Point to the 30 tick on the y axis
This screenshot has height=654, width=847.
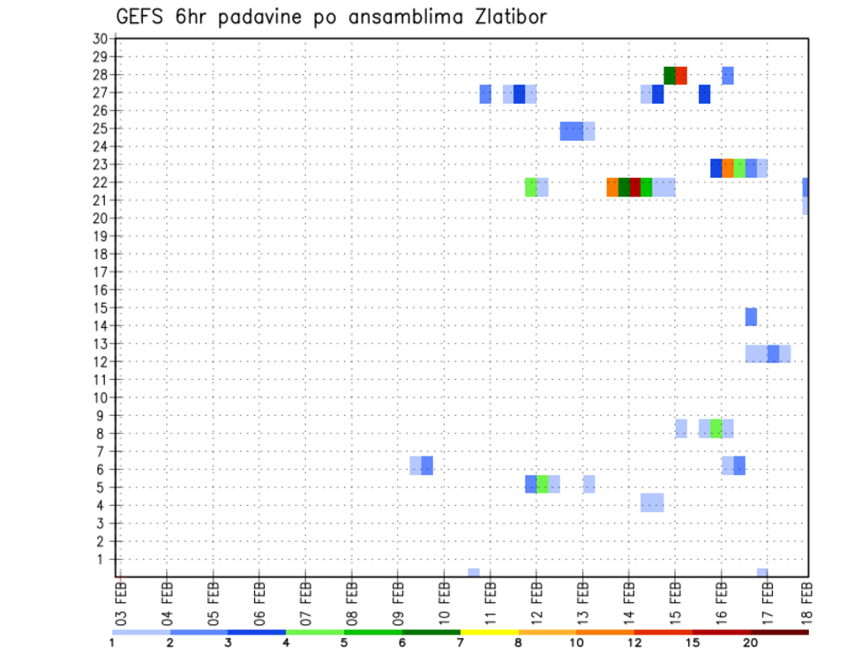tap(100, 39)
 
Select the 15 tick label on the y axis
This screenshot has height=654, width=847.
tap(100, 308)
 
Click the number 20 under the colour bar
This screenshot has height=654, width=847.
tap(751, 643)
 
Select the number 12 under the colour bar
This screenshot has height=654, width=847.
tap(633, 643)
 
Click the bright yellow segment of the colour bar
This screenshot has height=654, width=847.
tap(489, 632)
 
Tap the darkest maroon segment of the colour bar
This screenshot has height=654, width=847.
tap(779, 632)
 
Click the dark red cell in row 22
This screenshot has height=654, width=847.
tap(635, 187)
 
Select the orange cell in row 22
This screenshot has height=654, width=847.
tap(612, 187)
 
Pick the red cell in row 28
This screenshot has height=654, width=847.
tap(681, 76)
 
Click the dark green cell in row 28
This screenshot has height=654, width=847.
tap(670, 76)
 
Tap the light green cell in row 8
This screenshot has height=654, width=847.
tap(716, 428)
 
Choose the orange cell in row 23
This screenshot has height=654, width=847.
tap(728, 168)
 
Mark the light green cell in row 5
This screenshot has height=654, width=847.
tap(543, 484)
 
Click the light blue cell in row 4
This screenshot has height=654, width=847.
tap(652, 502)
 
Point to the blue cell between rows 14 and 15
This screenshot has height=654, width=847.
tap(751, 316)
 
